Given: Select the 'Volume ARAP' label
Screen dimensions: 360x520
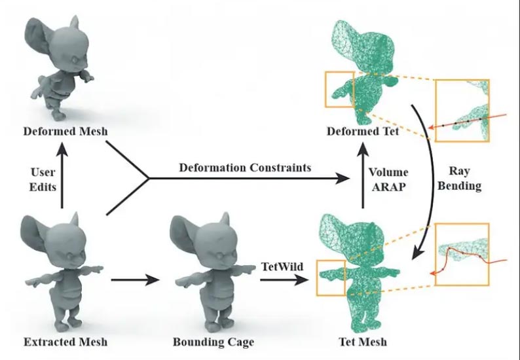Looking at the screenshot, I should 388,179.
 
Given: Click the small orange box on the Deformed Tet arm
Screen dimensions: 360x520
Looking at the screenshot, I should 339,89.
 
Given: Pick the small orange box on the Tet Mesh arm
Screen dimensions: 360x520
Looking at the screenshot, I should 331,278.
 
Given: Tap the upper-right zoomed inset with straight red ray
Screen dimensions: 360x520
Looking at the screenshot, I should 462,109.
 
